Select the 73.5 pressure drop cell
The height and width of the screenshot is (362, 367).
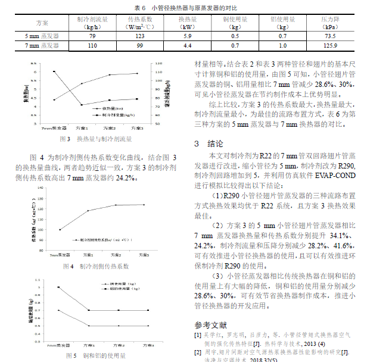(x=330, y=36)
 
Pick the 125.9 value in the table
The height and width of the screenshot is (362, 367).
(x=330, y=45)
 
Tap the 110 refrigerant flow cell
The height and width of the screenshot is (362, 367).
(x=92, y=45)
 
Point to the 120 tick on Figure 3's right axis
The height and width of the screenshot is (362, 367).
(x=156, y=63)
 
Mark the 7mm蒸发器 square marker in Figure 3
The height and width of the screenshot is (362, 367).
(x=54, y=71)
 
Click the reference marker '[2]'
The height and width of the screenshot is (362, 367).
(x=197, y=352)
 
